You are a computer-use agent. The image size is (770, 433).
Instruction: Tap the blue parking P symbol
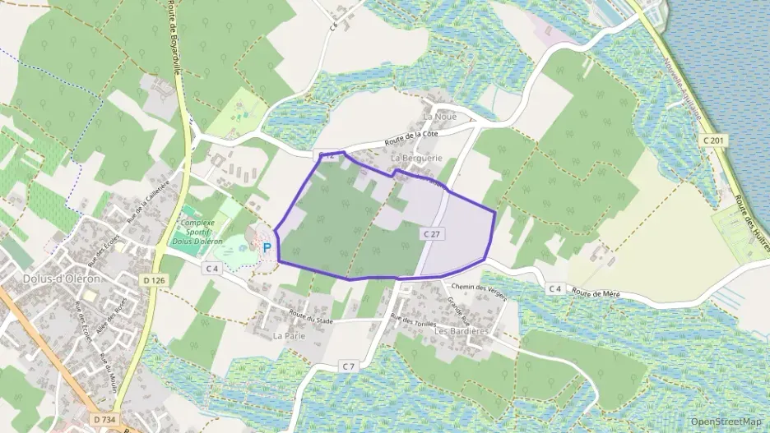click(x=266, y=246)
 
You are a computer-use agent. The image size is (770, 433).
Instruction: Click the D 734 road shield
click(x=104, y=419)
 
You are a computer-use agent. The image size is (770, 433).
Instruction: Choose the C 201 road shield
click(x=713, y=141)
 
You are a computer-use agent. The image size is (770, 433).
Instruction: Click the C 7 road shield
click(x=349, y=366)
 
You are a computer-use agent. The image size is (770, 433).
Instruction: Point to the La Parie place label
click(x=289, y=336)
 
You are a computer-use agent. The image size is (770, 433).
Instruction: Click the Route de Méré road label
click(x=595, y=293)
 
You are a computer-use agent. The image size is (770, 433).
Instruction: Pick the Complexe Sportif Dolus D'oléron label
click(x=196, y=231)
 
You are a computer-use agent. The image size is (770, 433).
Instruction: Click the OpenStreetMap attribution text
click(x=726, y=421)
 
